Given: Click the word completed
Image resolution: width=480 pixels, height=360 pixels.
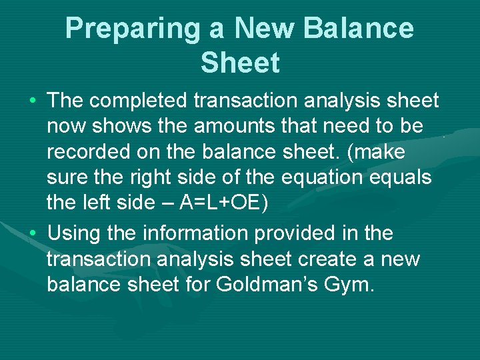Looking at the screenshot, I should [138, 101].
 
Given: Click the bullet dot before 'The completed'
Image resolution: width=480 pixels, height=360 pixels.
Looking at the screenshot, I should [33, 102].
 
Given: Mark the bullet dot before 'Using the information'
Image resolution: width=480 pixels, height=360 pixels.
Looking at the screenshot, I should [33, 234].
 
